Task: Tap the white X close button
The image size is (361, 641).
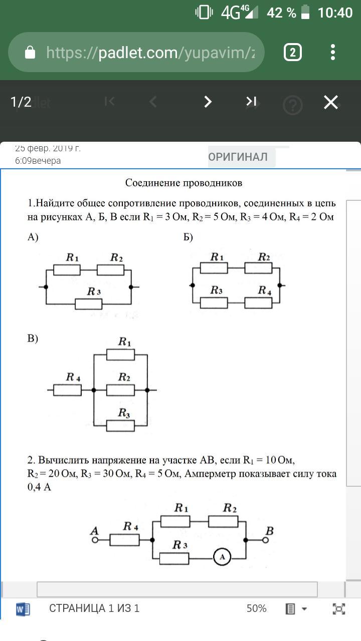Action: tap(331, 102)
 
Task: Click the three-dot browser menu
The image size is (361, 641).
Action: tap(333, 53)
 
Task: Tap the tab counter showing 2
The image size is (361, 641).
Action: tap(292, 53)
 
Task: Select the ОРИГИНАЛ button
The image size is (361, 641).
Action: tap(238, 157)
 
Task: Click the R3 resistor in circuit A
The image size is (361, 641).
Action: tap(89, 303)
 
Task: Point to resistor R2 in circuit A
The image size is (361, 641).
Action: tap(110, 270)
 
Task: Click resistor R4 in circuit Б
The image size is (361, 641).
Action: tap(259, 302)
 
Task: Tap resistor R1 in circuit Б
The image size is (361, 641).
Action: tap(214, 268)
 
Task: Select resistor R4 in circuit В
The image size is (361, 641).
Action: tap(67, 390)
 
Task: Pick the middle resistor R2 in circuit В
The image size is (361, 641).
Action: tap(121, 390)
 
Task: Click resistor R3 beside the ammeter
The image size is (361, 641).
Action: tap(174, 558)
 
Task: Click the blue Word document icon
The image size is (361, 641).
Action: tap(23, 609)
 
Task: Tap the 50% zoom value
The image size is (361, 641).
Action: tap(256, 608)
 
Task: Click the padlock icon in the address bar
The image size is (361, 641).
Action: tap(30, 53)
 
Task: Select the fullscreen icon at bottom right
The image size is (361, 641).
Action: tap(339, 608)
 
